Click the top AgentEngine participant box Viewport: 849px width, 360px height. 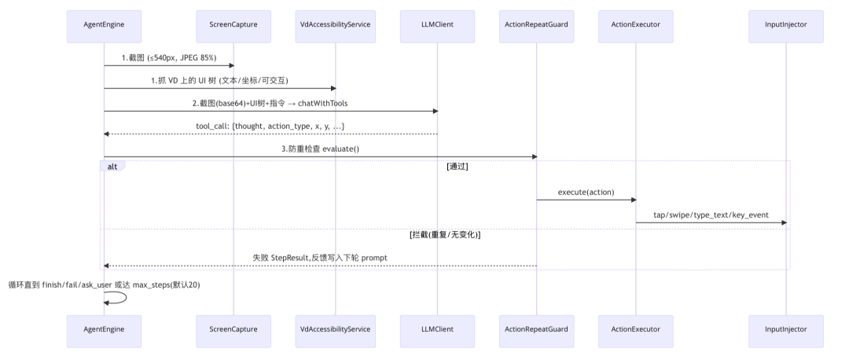(x=104, y=26)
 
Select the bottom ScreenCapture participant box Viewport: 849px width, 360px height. (x=233, y=331)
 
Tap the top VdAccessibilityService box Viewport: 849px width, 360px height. (x=335, y=26)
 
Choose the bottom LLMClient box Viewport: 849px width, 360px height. (x=438, y=331)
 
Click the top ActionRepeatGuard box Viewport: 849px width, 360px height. (x=537, y=26)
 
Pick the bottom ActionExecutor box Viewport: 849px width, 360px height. (x=636, y=331)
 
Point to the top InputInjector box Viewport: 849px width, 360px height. (x=786, y=26)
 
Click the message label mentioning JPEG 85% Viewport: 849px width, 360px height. (x=169, y=57)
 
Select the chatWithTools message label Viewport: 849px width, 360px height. (x=270, y=103)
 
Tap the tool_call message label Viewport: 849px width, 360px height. (x=270, y=126)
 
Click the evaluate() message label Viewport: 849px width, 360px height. (x=320, y=149)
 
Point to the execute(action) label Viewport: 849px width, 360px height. (x=586, y=192)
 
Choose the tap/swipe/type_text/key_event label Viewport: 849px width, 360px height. (x=711, y=215)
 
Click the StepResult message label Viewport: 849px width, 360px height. (x=320, y=258)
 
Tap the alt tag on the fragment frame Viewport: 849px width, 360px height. (x=112, y=166)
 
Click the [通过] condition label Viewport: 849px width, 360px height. (x=458, y=167)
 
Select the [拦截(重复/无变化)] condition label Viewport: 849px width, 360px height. (x=445, y=235)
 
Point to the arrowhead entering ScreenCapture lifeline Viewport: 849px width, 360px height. (x=231, y=65)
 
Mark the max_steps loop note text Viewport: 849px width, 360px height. (x=104, y=285)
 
